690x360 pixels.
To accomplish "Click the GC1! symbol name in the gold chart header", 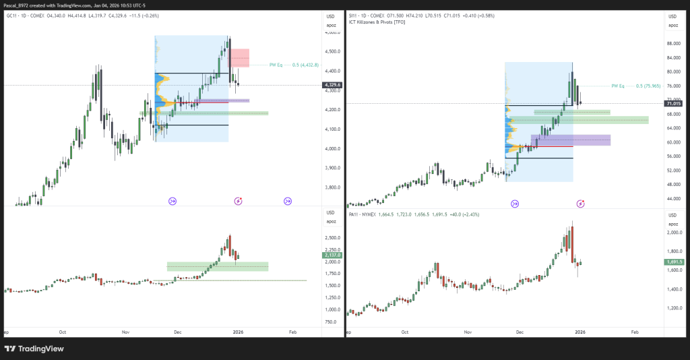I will coord(13,15).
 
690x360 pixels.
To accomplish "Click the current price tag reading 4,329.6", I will coord(333,85).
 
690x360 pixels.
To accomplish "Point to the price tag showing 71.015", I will coord(673,103).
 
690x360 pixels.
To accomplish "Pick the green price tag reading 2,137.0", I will coord(333,256).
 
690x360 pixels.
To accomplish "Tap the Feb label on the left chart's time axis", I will coord(292,332).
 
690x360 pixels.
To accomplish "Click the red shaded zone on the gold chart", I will coord(240,57).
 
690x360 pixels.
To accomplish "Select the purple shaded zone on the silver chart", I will coord(571,140).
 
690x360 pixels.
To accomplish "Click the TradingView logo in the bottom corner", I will coord(34,349).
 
